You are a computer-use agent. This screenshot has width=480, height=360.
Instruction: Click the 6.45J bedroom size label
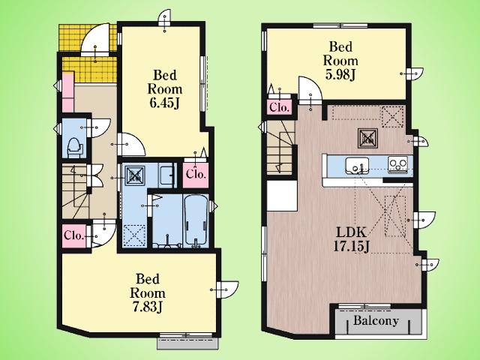tap(164, 103)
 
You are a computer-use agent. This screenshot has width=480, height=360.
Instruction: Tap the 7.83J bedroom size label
tap(148, 307)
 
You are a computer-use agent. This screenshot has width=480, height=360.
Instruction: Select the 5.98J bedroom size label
tap(340, 74)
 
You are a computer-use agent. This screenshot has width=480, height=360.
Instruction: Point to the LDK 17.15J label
tap(351, 240)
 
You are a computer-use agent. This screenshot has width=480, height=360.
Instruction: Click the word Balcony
tap(376, 320)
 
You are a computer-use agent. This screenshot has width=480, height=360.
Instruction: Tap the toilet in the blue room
tap(73, 147)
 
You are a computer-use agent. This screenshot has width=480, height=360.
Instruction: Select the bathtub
tap(196, 220)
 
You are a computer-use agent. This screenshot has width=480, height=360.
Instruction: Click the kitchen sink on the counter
tap(357, 165)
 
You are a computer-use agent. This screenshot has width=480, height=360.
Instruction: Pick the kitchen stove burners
tap(397, 165)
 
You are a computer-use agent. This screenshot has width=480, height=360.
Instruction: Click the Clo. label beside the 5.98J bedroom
tap(279, 108)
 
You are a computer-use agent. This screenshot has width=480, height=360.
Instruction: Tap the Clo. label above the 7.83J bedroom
tap(73, 235)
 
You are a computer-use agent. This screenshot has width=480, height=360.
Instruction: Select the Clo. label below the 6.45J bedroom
tap(196, 175)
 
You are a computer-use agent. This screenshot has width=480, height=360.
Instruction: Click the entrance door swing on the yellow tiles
tap(94, 39)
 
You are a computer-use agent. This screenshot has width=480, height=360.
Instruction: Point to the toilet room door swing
tap(98, 127)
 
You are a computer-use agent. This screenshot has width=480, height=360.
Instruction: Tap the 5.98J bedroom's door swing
tap(310, 88)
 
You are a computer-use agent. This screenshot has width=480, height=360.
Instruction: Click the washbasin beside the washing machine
tap(167, 175)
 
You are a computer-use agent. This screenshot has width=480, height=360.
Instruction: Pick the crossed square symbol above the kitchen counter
tap(367, 137)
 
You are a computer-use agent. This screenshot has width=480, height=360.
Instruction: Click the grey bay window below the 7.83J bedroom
tap(187, 343)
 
